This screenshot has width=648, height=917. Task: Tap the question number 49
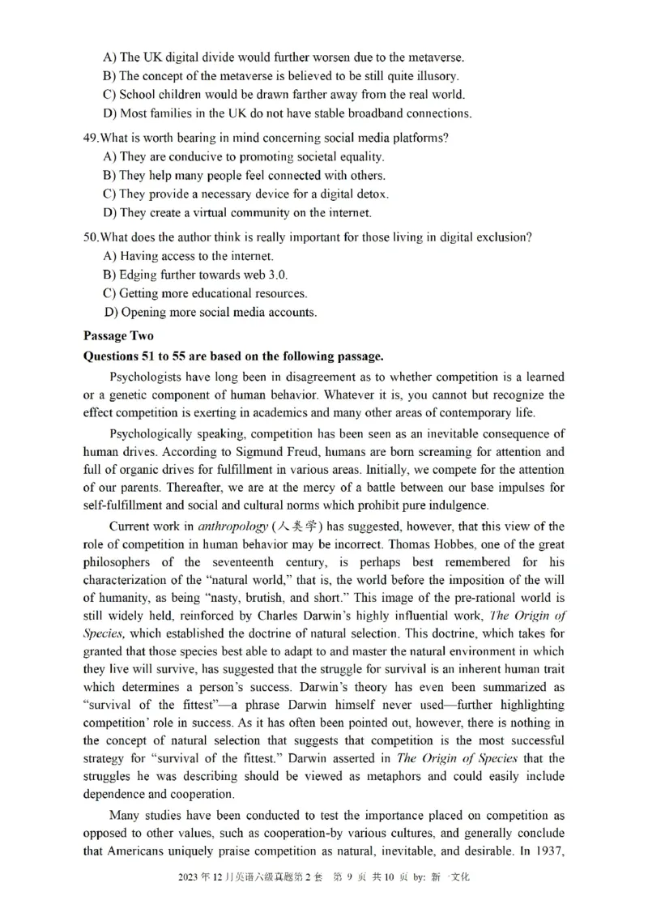90,138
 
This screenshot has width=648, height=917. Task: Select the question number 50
90,237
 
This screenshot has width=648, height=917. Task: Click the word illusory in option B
437,76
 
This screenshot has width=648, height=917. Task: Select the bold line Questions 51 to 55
233,356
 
